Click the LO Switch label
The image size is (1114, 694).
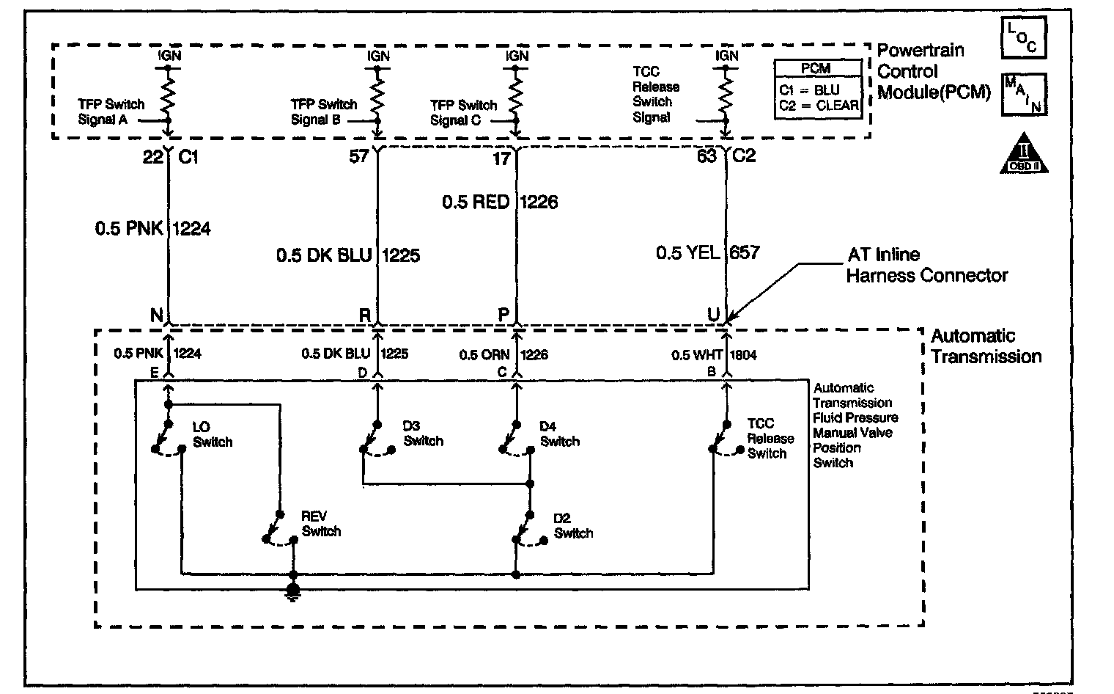212,434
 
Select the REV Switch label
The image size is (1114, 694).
321,524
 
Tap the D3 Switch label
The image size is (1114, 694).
423,434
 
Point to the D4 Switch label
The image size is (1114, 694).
559,434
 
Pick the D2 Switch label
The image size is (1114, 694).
573,525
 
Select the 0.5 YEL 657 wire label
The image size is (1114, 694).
707,253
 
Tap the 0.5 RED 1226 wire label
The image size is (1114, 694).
500,202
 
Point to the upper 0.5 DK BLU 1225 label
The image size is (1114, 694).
348,255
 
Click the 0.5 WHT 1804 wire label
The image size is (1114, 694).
714,355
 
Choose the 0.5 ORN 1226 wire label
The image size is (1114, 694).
503,355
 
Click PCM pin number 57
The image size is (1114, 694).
358,157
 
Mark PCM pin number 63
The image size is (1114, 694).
707,157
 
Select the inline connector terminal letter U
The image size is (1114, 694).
713,315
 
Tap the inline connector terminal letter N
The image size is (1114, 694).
156,315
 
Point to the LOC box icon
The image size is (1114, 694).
1023,38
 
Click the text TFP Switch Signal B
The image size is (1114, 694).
323,112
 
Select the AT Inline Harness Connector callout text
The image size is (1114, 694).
926,265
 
